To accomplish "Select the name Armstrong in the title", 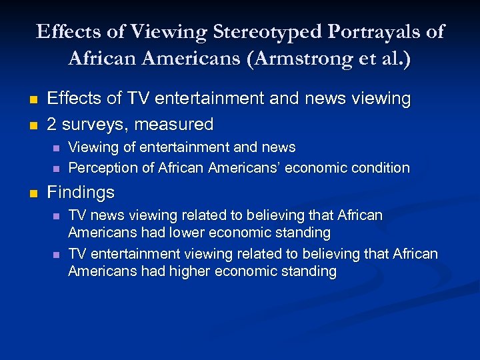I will [309, 58].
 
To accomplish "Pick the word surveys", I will [93, 124].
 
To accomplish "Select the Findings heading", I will [81, 193].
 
